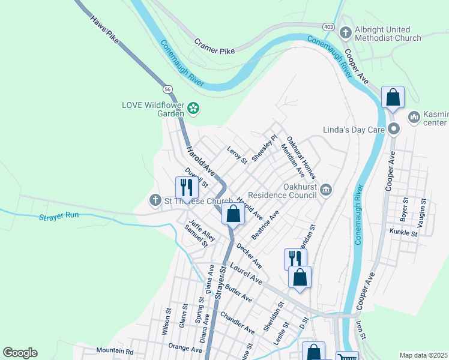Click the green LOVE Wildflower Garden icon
click(193, 109)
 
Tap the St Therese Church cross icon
click(155, 200)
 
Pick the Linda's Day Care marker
click(394, 128)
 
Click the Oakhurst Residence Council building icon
click(326, 190)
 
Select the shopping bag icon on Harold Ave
click(232, 213)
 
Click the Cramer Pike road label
click(215, 44)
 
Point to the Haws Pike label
click(105, 29)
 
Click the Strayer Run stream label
click(59, 218)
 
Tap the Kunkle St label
click(403, 232)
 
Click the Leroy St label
click(237, 155)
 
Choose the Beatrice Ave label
click(265, 225)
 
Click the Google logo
click(20, 353)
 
